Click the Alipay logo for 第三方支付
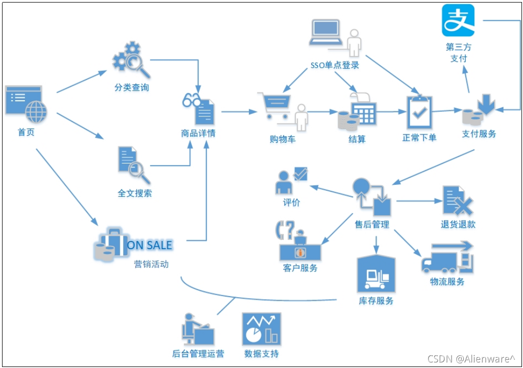(x=458, y=20)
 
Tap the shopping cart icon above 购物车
(x=275, y=105)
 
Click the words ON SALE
(x=150, y=246)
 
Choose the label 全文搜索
(x=135, y=193)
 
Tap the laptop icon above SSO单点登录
(x=327, y=32)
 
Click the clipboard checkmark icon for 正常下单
(x=420, y=112)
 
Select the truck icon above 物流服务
(x=446, y=258)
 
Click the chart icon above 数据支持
(x=261, y=329)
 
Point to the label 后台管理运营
(x=198, y=353)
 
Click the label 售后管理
(x=372, y=224)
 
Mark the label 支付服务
(x=479, y=134)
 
